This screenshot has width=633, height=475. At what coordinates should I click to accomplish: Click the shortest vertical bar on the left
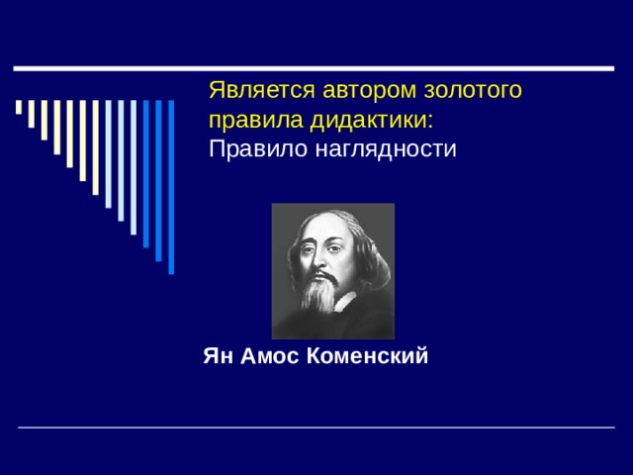click(19, 107)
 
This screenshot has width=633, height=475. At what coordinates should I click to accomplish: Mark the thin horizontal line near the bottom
click(316, 427)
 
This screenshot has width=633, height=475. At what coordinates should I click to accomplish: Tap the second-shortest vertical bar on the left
click(32, 114)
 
